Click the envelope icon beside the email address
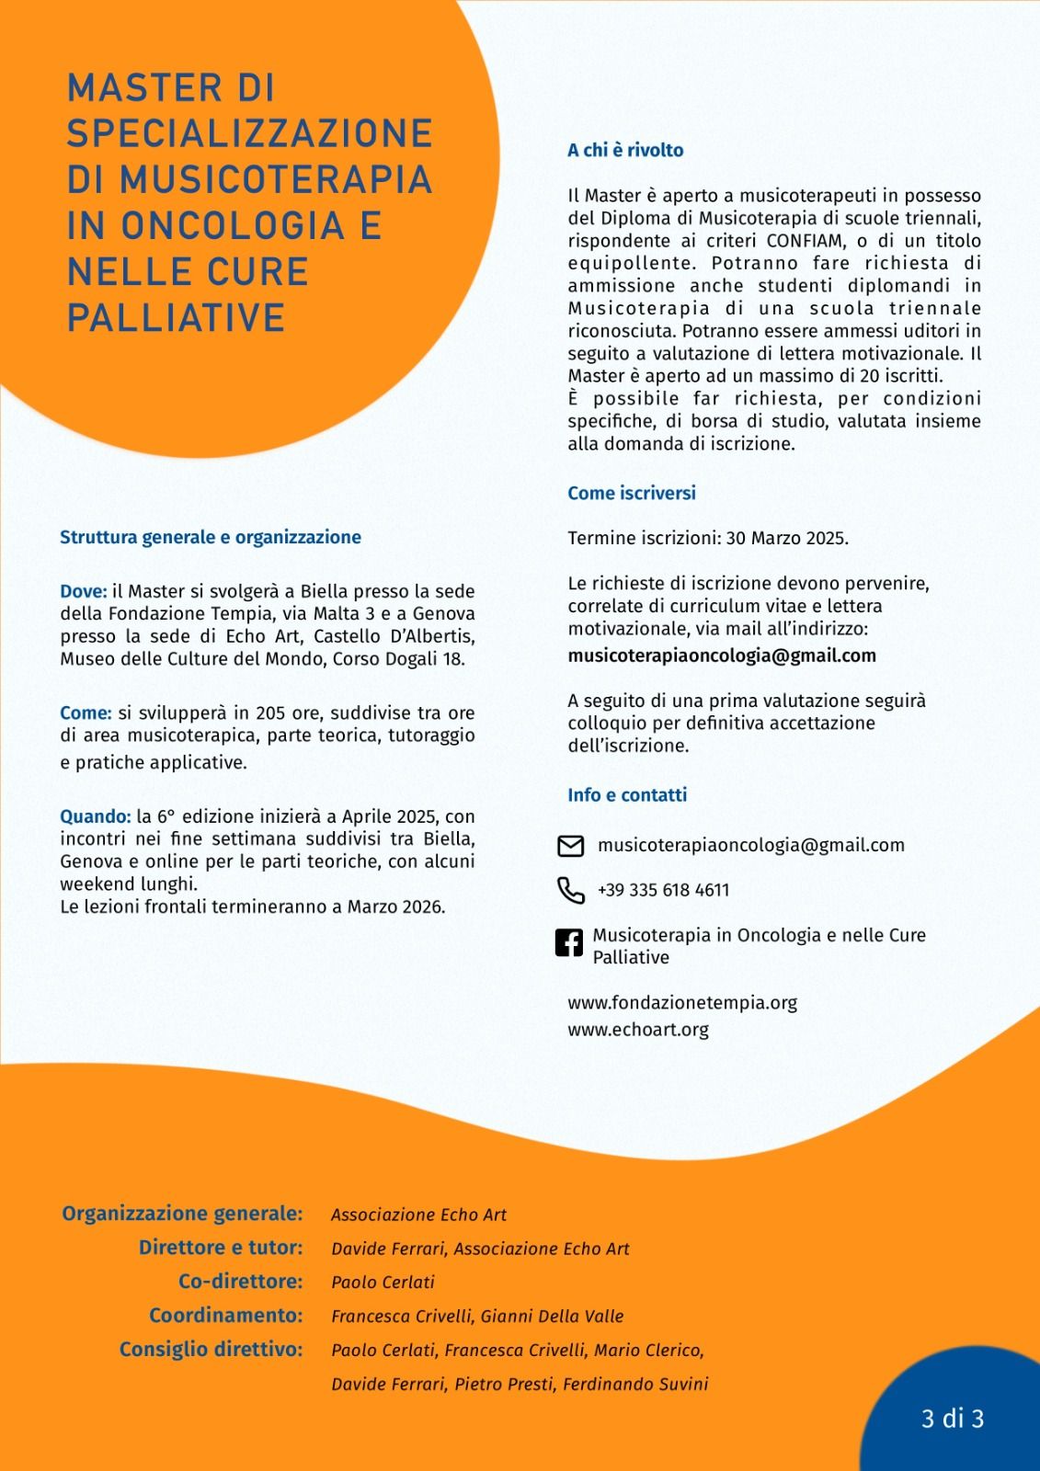pos(571,846)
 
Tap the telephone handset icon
pos(571,890)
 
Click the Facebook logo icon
pos(569,943)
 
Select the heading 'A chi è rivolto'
pos(625,151)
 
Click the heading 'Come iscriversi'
pos(632,494)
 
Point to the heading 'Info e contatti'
pos(627,795)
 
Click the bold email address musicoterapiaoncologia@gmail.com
pos(722,656)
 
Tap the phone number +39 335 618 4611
pos(663,890)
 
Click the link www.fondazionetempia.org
pos(682,1003)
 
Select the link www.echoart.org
pos(638,1030)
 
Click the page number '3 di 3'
pos(953,1419)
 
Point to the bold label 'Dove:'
pos(84,591)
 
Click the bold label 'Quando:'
pos(96,816)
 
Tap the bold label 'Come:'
pos(86,713)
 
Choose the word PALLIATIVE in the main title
pos(177,317)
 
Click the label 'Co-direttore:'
pos(240,1282)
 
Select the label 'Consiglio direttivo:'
pos(211,1350)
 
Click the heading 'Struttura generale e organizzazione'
pos(211,538)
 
